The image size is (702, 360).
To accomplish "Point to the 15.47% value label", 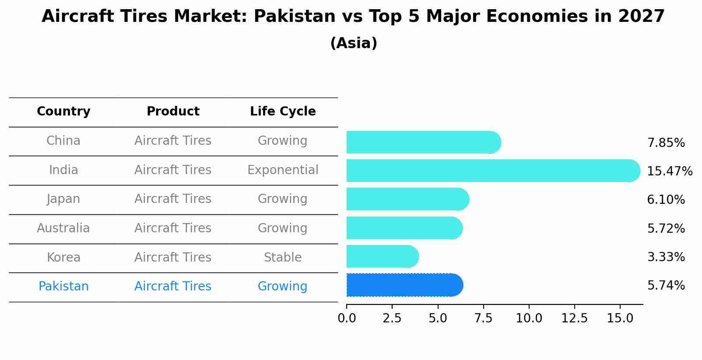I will (670, 171).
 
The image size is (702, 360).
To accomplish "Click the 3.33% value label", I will (666, 257).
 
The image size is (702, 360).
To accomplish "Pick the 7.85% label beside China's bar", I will (666, 143).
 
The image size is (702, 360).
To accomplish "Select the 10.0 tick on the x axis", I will (529, 318).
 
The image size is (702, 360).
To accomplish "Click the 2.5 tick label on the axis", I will (392, 318).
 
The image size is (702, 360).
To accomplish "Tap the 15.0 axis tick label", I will (620, 318).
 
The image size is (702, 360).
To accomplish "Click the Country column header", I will (63, 112).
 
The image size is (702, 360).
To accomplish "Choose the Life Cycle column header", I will (283, 112).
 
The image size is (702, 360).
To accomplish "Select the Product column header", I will (173, 112).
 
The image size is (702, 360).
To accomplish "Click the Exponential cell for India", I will (283, 170).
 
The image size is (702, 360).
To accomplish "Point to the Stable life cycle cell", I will (283, 257).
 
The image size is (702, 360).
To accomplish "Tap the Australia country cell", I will (63, 228).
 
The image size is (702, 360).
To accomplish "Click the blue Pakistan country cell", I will (63, 286).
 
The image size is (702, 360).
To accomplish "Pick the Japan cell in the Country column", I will (63, 199).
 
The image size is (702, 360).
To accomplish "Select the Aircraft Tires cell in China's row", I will (173, 140).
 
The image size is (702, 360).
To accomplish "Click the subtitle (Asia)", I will (354, 43).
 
